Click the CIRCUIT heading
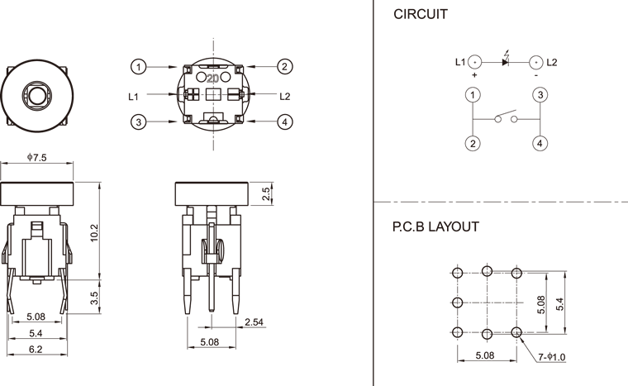click(x=421, y=14)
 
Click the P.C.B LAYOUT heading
click(x=435, y=226)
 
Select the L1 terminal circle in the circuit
click(x=474, y=62)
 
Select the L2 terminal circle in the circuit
click(x=535, y=62)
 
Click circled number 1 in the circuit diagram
click(x=473, y=95)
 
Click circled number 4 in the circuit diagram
click(x=540, y=143)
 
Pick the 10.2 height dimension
click(x=94, y=233)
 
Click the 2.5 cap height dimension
click(x=265, y=193)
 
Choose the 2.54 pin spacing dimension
click(x=255, y=322)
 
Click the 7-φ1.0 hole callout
click(x=552, y=357)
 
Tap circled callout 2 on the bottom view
click(x=284, y=66)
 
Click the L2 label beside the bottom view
click(x=285, y=96)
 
